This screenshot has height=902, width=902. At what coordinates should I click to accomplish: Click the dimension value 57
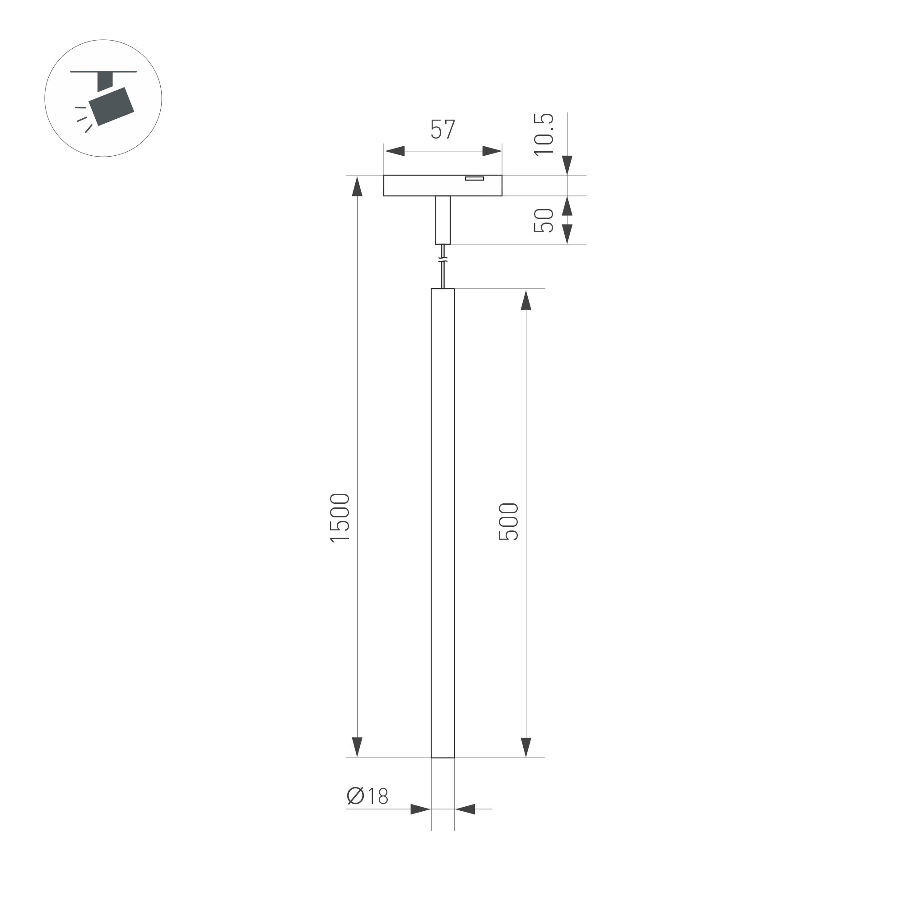pos(442,129)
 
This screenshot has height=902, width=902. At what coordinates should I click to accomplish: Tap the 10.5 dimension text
pos(544,135)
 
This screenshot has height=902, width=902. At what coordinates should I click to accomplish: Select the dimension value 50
pos(544,220)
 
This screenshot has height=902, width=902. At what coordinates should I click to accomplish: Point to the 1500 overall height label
pos(340,518)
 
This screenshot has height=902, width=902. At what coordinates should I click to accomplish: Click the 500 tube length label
pos(508,522)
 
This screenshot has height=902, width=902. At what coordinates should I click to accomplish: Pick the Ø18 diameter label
pos(367,796)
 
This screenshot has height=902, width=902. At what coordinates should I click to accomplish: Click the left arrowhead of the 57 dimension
pos(395,151)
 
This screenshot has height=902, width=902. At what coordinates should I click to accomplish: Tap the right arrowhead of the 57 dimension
pos(492,151)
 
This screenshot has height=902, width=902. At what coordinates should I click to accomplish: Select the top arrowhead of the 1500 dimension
pos(357,187)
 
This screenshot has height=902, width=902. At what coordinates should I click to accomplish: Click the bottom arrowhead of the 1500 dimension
pos(357,747)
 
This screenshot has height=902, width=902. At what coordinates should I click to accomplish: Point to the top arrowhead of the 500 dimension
pos(526,300)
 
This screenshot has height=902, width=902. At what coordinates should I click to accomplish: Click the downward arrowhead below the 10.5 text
pos(567,165)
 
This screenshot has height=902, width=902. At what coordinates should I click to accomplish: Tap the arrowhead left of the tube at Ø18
pos(420,809)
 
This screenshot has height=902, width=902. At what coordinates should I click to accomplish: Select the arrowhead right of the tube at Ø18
pos(465,809)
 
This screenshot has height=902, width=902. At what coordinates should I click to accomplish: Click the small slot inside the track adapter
pos(474,178)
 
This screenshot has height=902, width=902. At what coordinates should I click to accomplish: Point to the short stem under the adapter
pos(442,220)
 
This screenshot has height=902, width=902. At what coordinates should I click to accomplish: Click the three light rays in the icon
pos(83,119)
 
